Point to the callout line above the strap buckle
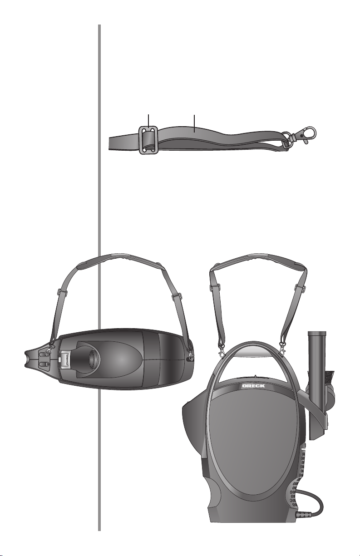148,121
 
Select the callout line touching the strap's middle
194,123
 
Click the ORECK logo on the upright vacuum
253,386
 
